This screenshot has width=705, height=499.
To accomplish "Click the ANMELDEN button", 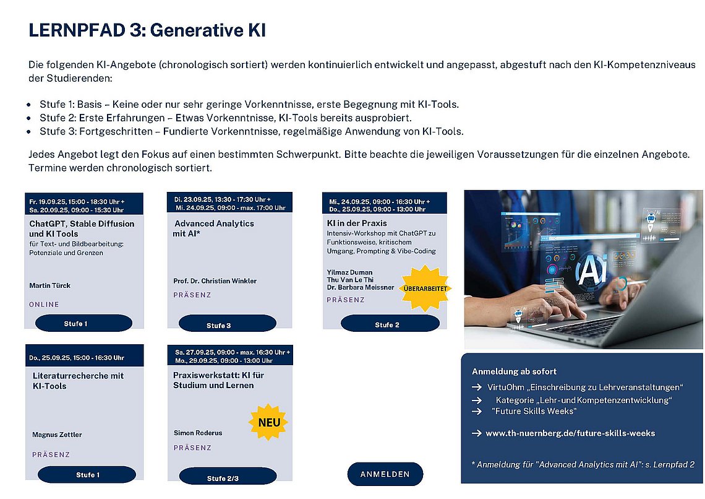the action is (385, 474).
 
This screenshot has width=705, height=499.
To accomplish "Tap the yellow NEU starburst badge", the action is (268, 422).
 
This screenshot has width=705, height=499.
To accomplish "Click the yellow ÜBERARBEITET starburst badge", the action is (425, 289).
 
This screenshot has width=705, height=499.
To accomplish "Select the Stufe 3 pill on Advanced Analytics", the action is (228, 324).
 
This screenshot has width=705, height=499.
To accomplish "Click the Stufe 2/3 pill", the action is (228, 477).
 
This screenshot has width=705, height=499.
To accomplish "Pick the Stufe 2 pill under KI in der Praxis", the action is (390, 324).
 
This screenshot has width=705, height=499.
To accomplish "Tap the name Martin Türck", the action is (50, 285).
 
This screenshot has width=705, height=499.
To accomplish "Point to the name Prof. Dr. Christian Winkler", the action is (215, 281).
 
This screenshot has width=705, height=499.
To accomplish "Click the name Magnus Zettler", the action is (57, 435).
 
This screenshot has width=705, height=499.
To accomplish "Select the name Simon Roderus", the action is (198, 433).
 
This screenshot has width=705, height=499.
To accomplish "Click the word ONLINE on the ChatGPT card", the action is (44, 305).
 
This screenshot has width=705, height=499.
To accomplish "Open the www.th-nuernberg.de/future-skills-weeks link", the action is (570, 433).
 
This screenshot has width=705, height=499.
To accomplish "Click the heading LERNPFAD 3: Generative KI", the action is (147, 30).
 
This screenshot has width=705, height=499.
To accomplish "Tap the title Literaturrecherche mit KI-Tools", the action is (79, 381).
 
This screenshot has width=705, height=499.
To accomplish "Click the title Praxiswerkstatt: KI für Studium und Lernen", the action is (218, 380).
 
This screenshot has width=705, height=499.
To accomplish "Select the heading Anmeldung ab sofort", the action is (514, 371).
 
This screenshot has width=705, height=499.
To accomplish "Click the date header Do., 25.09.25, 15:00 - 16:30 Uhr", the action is (77, 358).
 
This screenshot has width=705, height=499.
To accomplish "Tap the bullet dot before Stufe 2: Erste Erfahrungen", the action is (29, 118).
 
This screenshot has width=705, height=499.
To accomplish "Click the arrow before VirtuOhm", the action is (477, 387).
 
